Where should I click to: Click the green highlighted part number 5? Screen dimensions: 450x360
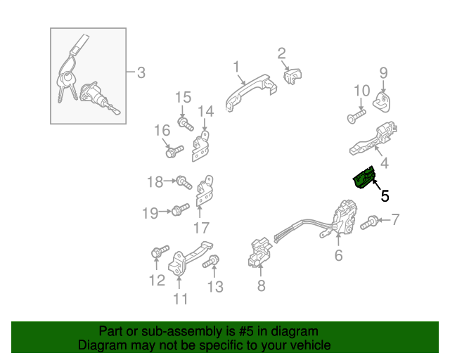click(x=364, y=179)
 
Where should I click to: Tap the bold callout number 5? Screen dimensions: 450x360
click(x=385, y=196)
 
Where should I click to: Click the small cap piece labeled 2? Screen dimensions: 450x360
click(x=292, y=76)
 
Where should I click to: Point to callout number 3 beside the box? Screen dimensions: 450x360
click(x=141, y=72)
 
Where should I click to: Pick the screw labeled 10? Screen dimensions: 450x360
click(x=356, y=117)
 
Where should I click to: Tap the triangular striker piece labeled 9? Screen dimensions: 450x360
click(x=382, y=102)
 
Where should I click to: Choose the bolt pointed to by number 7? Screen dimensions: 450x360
click(x=369, y=222)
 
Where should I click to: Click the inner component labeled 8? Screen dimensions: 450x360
click(x=260, y=252)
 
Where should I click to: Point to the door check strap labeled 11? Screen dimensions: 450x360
click(x=189, y=258)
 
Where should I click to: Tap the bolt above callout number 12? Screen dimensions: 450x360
click(x=160, y=251)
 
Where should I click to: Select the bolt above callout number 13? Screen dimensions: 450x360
click(x=211, y=262)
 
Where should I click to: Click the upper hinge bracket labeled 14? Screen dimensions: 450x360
click(x=200, y=146)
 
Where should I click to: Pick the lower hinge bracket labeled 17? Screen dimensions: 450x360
click(x=204, y=191)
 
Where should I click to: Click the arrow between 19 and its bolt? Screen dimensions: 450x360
click(x=165, y=212)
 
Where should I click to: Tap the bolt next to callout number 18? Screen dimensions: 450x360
click(x=184, y=182)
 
